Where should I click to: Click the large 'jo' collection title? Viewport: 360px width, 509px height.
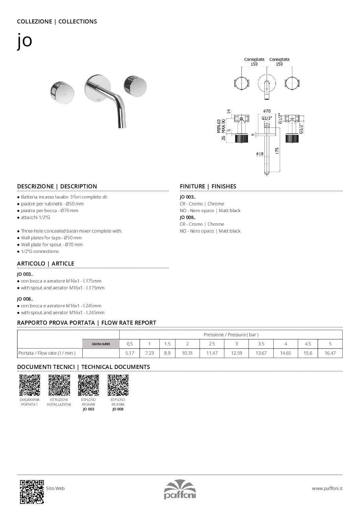(x=25, y=41)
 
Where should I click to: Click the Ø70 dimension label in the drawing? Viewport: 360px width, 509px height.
(x=267, y=111)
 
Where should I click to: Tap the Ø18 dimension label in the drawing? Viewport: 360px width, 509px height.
(x=260, y=154)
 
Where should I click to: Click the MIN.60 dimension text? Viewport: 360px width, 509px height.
(x=219, y=126)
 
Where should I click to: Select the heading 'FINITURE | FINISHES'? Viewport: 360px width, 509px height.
(x=208, y=186)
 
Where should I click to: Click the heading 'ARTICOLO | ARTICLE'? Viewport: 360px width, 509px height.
(x=46, y=264)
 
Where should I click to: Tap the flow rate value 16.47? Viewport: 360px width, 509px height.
(x=330, y=353)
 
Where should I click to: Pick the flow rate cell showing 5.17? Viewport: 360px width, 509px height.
(x=130, y=353)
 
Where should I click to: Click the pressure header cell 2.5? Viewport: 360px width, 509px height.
(x=212, y=344)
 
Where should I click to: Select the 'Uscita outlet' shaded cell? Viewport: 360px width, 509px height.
(x=101, y=344)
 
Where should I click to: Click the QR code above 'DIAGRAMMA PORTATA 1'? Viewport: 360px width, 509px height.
(x=30, y=385)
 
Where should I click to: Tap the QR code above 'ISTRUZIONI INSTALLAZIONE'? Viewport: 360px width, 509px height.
(x=59, y=385)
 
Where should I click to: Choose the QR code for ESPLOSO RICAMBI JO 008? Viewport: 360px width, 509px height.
(x=118, y=385)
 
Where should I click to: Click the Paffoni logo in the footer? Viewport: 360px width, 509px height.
(x=180, y=489)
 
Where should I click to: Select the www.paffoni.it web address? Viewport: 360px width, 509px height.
(x=327, y=488)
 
